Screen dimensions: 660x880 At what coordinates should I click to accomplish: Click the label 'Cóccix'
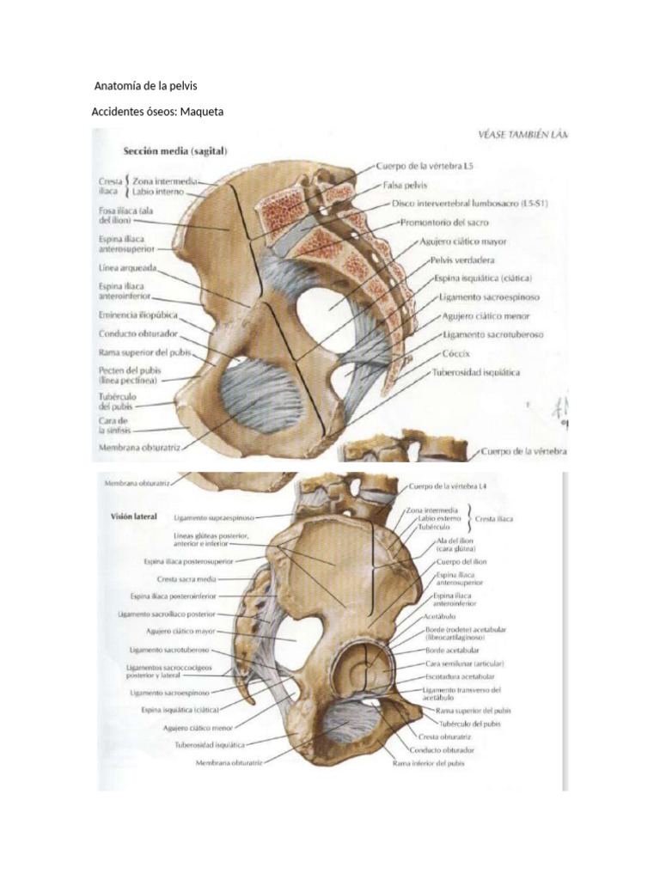coord(455,353)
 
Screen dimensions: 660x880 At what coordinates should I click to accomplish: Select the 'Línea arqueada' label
coord(126,268)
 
